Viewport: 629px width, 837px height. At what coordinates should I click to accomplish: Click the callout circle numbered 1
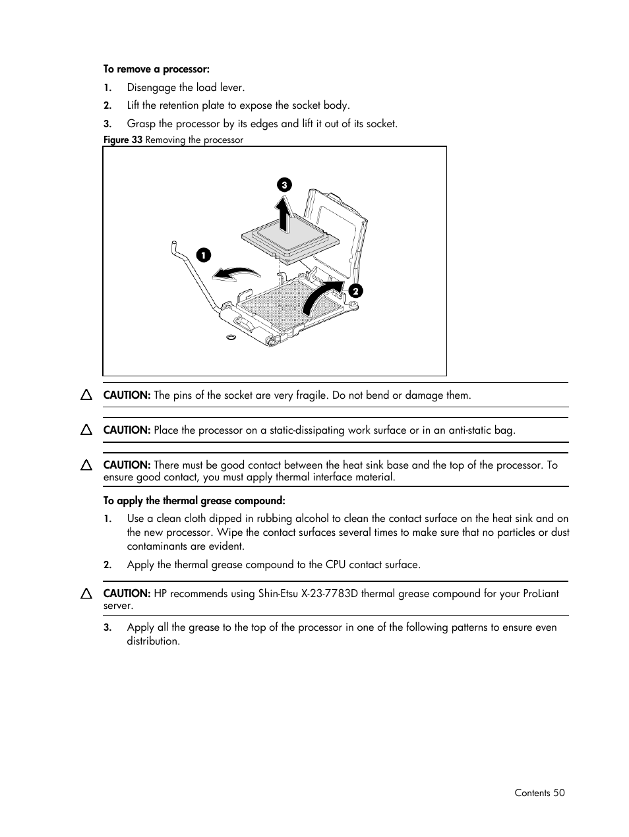coord(204,255)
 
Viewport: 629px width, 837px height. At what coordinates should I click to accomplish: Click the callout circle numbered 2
coord(355,291)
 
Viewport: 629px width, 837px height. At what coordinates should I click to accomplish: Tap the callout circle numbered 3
coord(284,185)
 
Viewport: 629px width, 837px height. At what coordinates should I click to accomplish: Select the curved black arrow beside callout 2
coord(322,296)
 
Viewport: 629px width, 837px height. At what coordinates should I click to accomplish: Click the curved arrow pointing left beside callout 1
coord(236,273)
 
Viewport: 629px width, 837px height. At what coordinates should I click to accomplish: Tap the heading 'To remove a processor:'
coord(156,69)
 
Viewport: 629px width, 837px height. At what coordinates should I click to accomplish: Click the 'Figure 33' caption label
coord(123,140)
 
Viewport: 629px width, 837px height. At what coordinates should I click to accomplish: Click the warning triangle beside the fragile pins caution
coord(86,395)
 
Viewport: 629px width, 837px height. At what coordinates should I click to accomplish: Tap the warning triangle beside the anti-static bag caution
coord(86,430)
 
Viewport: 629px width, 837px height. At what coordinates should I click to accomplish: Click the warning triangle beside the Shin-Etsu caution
coord(86,593)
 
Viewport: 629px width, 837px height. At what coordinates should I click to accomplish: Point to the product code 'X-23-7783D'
coord(330,593)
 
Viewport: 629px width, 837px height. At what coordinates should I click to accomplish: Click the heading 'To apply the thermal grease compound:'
coord(195,501)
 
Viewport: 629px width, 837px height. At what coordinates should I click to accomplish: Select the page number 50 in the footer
coord(559,793)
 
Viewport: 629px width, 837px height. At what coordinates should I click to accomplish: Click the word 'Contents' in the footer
coord(532,793)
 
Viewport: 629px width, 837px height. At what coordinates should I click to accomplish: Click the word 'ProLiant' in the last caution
coord(540,593)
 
